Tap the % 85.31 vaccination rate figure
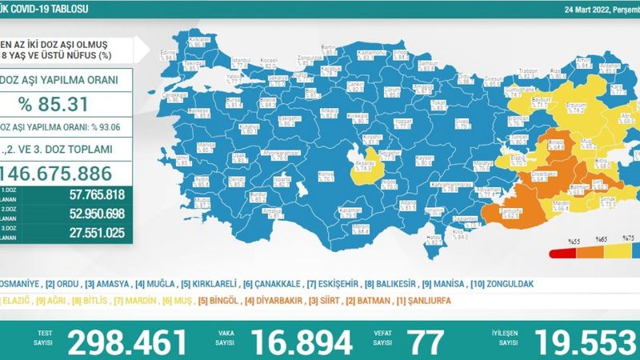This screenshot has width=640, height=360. point(61,103)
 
